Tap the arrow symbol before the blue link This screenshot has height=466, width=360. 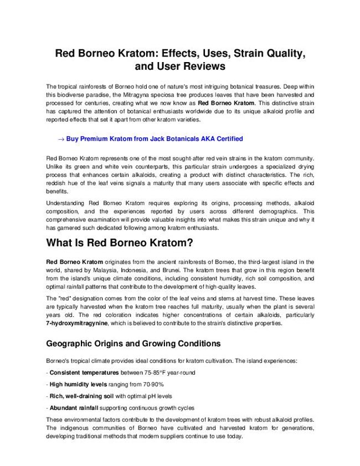click(61, 139)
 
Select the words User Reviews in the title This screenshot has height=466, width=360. click(190, 66)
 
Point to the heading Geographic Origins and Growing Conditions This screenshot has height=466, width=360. click(133, 344)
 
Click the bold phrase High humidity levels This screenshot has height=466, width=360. click(80, 384)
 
